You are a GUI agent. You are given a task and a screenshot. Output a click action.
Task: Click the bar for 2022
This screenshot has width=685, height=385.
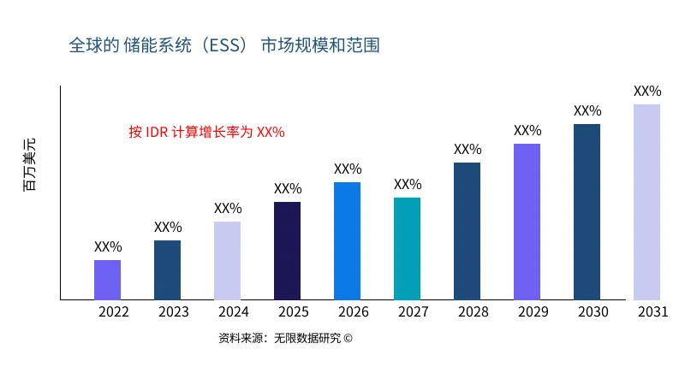coord(107,280)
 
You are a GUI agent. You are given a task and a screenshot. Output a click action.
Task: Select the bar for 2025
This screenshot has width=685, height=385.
coord(287,251)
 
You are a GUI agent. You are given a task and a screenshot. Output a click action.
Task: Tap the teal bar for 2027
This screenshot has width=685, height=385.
coord(407,248)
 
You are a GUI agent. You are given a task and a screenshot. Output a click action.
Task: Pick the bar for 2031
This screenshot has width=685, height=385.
coord(646,202)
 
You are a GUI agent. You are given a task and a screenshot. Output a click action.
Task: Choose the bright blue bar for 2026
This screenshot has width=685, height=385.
coord(347,240)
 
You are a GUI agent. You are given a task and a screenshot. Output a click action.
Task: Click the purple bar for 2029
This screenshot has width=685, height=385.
coord(527,222)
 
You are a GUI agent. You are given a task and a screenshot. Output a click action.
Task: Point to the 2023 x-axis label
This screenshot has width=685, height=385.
coord(174,311)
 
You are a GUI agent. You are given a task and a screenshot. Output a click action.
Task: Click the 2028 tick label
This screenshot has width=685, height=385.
coord(474,311)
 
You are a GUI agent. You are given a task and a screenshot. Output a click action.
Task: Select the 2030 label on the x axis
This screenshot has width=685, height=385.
coord(593,311)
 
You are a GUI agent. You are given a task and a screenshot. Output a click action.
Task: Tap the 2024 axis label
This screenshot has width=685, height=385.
coord(234,311)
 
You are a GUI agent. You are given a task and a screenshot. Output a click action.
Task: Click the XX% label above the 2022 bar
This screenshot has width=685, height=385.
coord(108,246)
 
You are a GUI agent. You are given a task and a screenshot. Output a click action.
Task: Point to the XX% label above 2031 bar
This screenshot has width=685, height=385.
coord(647,91)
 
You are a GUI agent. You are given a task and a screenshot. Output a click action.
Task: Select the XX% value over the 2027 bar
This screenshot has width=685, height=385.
coord(408,184)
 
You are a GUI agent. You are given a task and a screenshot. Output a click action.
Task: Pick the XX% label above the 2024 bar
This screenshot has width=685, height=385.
coord(228,208)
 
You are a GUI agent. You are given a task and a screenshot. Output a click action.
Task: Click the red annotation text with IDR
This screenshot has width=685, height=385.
coord(205,132)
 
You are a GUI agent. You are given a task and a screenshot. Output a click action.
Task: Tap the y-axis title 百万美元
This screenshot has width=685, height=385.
coord(30,163)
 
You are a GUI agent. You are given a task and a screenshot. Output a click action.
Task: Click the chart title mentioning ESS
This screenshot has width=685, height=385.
coord(224,44)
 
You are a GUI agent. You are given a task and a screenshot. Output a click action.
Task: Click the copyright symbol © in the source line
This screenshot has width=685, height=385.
coord(348,338)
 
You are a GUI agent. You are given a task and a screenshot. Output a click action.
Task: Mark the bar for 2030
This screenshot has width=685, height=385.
coord(587,211)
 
